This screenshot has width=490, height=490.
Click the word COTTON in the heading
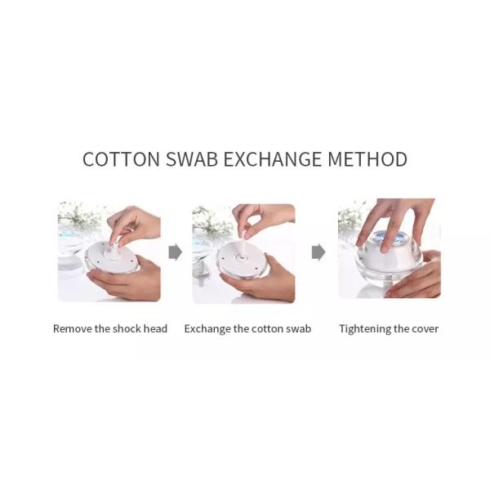click(121, 158)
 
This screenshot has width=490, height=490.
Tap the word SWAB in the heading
click(192, 158)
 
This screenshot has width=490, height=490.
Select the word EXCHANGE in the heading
click(272, 158)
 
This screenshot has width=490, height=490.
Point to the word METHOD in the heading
click(367, 158)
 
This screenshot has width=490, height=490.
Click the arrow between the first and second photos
click(176, 252)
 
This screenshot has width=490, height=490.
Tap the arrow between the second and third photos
click(318, 252)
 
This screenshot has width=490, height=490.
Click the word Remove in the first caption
click(73, 329)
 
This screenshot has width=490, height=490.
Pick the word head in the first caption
click(155, 329)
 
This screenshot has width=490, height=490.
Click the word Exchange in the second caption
click(207, 329)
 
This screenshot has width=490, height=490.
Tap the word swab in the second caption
click(298, 329)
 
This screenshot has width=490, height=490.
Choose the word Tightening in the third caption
click(365, 329)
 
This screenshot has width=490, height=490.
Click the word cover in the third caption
click(425, 329)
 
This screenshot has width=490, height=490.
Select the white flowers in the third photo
click(350, 216)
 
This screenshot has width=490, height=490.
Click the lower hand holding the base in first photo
click(124, 279)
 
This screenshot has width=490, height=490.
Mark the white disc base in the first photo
click(111, 257)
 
